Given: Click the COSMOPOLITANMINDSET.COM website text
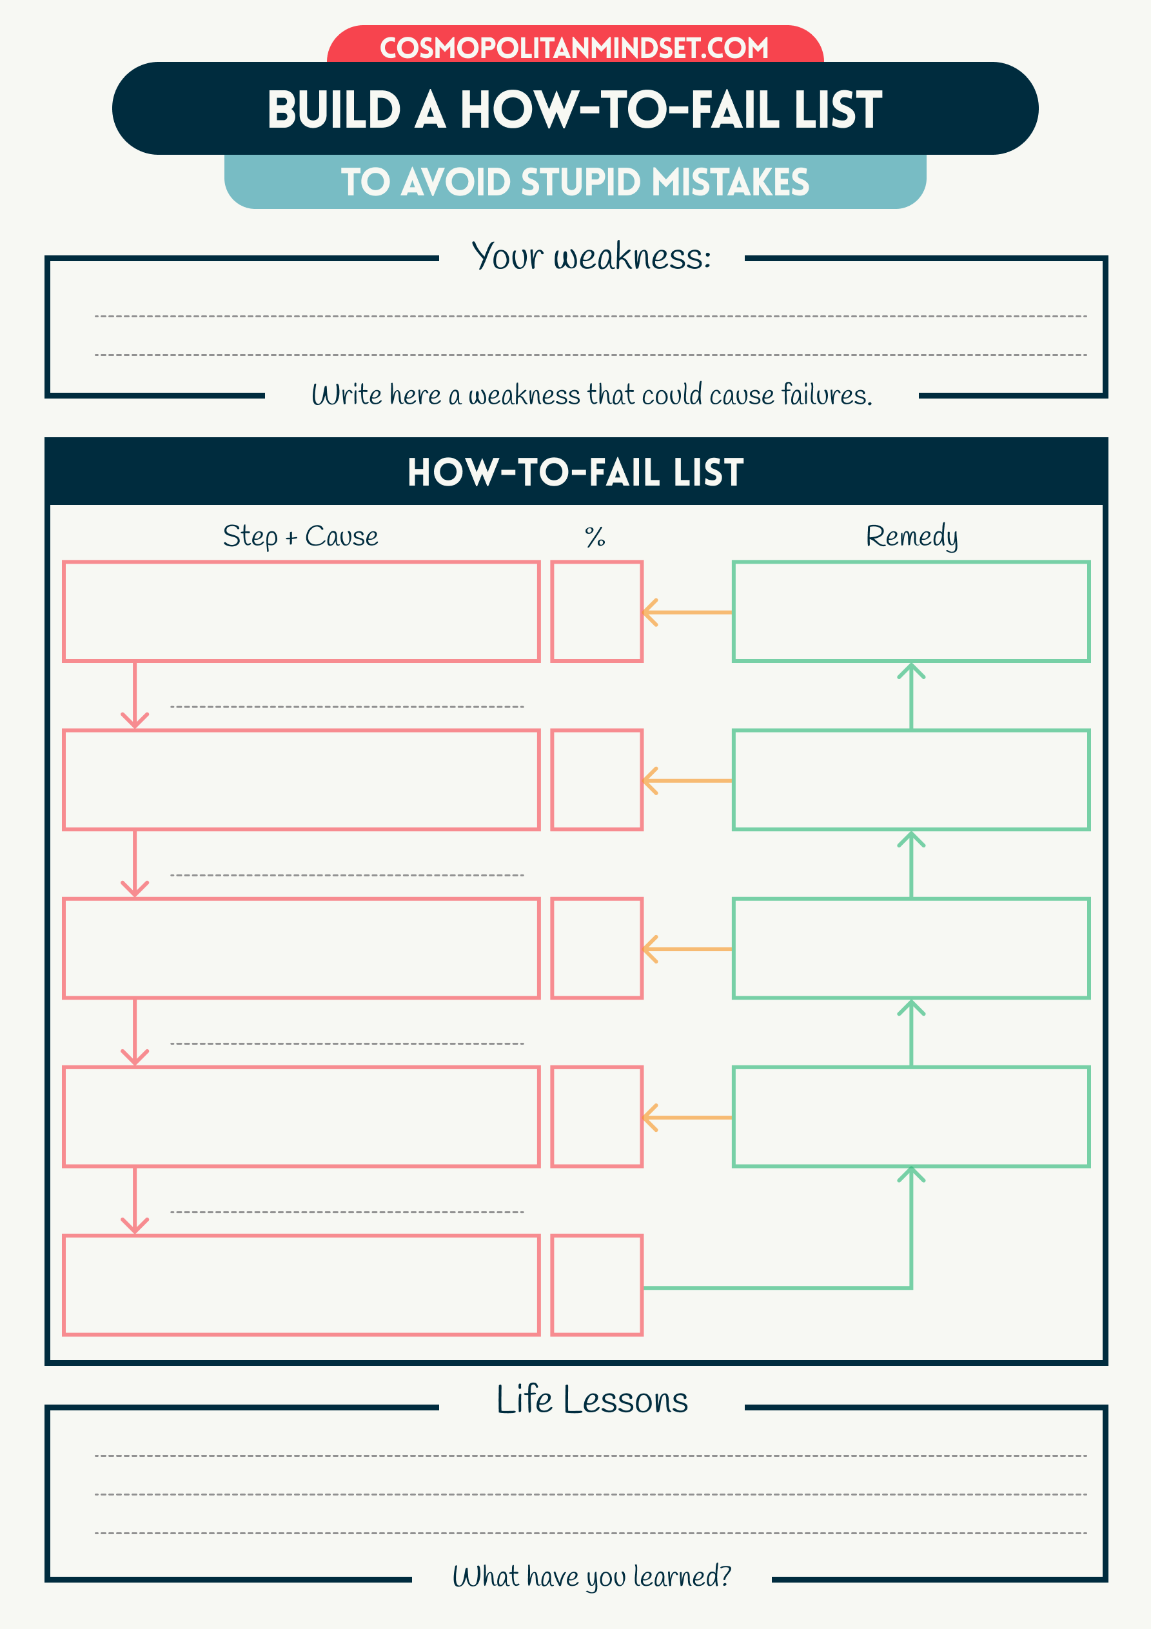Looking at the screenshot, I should (574, 48).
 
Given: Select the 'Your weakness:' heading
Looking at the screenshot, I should (591, 257).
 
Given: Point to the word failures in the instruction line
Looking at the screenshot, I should (827, 395).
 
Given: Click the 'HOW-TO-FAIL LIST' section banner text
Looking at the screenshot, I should (575, 473).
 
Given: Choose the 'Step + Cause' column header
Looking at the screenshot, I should (300, 537).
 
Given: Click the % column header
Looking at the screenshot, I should (595, 537).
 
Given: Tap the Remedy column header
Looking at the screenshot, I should (911, 537).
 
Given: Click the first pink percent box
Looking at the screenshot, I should (597, 611).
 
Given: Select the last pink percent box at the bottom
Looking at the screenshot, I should (597, 1285).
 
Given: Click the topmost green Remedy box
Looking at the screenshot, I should (911, 611).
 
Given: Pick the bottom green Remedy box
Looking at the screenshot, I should (911, 1117).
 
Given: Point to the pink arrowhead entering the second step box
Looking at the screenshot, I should (135, 720).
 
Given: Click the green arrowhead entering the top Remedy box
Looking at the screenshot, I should (911, 671).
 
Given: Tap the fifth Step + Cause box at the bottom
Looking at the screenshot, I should (301, 1285).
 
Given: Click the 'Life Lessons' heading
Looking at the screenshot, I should (592, 1400).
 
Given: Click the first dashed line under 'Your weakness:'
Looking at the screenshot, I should (591, 316).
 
